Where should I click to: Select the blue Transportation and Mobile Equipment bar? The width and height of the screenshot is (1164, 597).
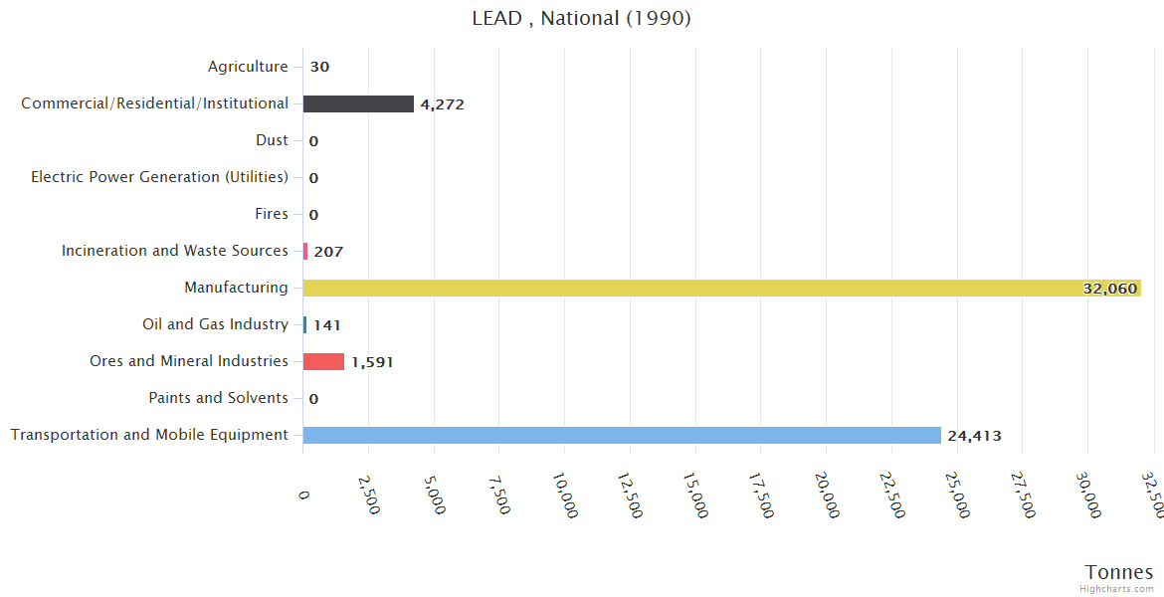[x=621, y=435]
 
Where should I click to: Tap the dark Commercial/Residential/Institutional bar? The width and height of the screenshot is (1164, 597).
[x=358, y=103]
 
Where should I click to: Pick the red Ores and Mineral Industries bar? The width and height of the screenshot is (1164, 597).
[x=323, y=361]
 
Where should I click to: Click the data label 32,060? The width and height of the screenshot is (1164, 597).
[x=1109, y=289]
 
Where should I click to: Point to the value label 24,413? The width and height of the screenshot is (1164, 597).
[x=974, y=436]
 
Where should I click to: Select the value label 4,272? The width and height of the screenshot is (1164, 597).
[x=442, y=104]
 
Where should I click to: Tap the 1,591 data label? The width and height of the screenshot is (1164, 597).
[x=372, y=362]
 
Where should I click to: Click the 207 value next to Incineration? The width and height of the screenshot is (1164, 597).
[x=328, y=252]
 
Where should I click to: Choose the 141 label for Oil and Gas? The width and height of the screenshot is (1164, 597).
[x=326, y=325]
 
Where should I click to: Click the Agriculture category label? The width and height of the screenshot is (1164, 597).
[x=248, y=67]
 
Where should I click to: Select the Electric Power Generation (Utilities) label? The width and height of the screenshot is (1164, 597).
[x=159, y=177]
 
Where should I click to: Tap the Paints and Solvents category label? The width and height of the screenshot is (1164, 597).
[x=218, y=398]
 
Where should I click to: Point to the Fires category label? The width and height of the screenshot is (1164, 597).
[x=272, y=214]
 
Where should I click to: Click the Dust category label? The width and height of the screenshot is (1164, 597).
[x=272, y=140]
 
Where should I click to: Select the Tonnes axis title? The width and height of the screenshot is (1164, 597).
[x=1118, y=572]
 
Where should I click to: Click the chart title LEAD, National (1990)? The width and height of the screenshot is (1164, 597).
[x=581, y=18]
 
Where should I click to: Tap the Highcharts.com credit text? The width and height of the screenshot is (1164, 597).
[x=1117, y=589]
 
